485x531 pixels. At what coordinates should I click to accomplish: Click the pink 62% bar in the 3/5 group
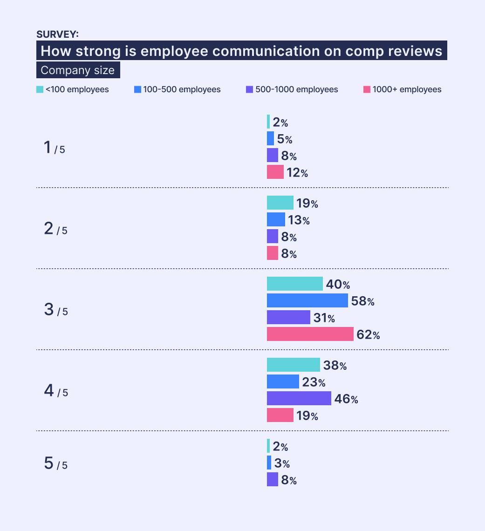tap(310, 334)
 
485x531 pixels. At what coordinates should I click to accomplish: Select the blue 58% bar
tap(307, 300)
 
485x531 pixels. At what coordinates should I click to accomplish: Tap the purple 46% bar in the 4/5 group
tap(299, 398)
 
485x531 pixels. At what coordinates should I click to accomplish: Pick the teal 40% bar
tap(294, 284)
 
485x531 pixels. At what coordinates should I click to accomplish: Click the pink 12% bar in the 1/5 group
tap(275, 172)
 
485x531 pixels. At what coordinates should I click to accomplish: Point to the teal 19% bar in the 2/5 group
tap(280, 203)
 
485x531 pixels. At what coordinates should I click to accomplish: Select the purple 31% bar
tap(288, 317)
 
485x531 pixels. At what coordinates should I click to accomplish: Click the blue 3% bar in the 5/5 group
tap(269, 463)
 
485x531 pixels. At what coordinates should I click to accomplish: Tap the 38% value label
tap(335, 366)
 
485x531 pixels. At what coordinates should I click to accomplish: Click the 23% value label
tap(314, 382)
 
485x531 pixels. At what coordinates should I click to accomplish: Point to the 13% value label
tap(299, 220)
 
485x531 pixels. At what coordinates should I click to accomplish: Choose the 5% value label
tap(284, 139)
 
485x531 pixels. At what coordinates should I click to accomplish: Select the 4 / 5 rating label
tap(55, 391)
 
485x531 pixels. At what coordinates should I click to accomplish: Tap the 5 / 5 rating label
tap(55, 464)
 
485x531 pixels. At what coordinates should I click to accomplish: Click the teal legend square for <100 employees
tap(40, 89)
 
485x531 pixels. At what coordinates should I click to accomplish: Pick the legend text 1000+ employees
tap(407, 89)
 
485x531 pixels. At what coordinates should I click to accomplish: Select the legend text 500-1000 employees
tap(296, 89)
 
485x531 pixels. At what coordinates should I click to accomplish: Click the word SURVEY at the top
tap(57, 34)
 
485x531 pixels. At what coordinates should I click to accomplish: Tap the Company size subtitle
tap(77, 70)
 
